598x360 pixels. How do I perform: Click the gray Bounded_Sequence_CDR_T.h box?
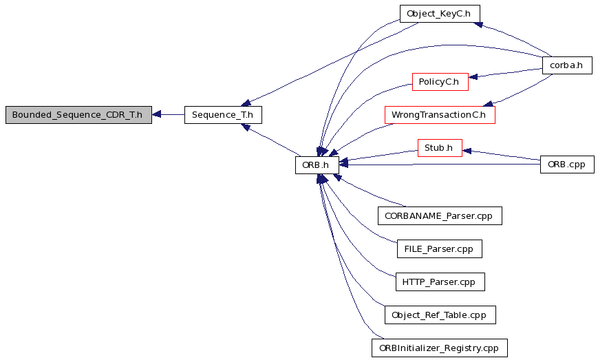[78, 115]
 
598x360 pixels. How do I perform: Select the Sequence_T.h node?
[223, 115]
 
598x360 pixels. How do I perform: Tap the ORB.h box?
[317, 165]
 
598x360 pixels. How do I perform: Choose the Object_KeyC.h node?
[440, 14]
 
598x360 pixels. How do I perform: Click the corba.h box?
[567, 65]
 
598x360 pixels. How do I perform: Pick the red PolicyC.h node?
[440, 82]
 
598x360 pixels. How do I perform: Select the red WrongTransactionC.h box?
[440, 115]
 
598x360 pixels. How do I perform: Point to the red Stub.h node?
[440, 148]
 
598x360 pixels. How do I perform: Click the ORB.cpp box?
[567, 165]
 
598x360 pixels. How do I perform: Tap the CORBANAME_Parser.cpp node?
[440, 216]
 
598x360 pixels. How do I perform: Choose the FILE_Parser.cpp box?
[439, 249]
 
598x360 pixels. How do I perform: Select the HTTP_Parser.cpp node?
[440, 282]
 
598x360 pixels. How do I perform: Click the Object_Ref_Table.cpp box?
[440, 315]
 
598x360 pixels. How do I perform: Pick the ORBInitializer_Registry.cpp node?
[439, 348]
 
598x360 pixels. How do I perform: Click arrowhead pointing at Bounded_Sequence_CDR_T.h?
[156, 114]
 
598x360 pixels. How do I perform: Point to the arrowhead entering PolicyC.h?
[473, 77]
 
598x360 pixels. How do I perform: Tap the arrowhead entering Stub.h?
[467, 151]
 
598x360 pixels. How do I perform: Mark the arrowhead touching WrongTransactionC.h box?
[488, 103]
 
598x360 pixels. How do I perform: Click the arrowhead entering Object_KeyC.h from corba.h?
[478, 25]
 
